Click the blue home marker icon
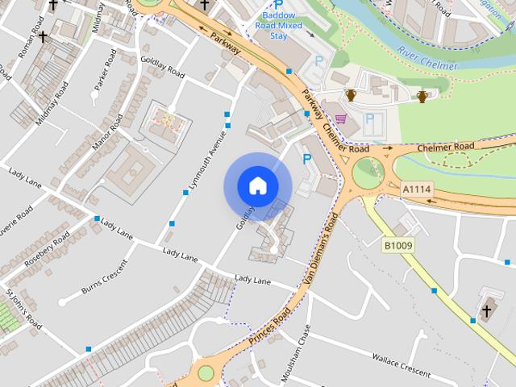pos(257,186)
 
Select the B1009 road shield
pos(397,243)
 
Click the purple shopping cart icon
pos(341,119)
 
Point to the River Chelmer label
pos(428,58)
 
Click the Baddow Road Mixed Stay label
pos(278,24)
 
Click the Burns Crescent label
pos(104,275)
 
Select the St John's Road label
pos(23,309)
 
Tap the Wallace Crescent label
pos(402,362)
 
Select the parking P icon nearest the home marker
pos(306,160)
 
